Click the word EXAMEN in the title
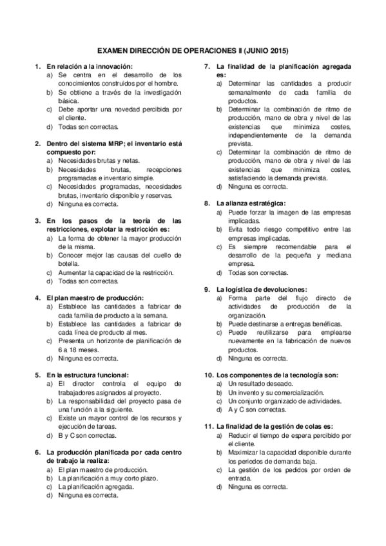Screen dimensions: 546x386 click(x=112, y=50)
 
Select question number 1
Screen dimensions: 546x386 click(x=37, y=66)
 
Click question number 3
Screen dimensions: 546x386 click(x=37, y=220)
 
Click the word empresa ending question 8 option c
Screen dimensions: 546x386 click(x=241, y=263)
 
